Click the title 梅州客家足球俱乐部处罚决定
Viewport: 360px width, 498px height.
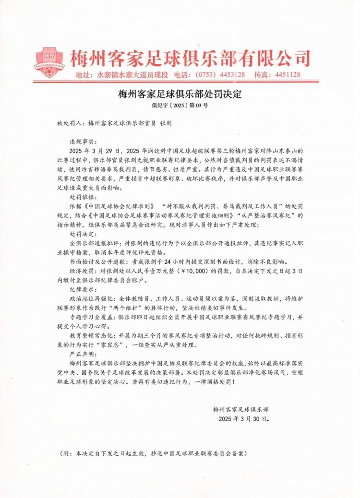click(x=180, y=94)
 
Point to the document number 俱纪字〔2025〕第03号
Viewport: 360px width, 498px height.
click(x=180, y=104)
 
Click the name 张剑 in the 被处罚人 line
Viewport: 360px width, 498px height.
click(x=166, y=123)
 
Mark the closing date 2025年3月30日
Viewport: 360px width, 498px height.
click(x=244, y=419)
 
